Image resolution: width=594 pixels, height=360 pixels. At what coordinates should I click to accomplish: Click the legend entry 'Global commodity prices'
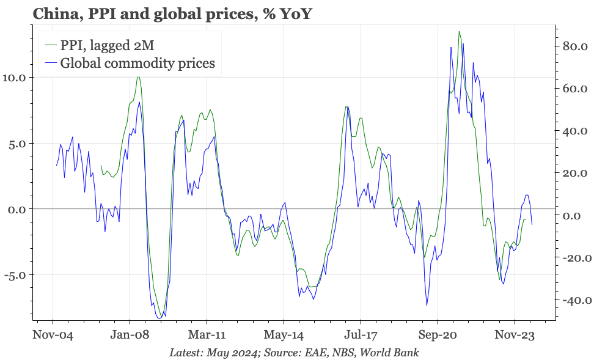[137, 63]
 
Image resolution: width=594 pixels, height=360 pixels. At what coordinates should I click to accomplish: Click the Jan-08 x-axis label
[130, 335]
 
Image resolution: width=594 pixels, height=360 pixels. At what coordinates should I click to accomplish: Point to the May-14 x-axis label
[284, 335]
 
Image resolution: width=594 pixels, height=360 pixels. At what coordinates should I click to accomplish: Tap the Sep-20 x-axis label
[438, 335]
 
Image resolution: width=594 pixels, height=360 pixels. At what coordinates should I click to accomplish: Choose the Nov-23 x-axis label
[515, 335]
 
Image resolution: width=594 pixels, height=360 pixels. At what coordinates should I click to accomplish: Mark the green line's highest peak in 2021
[459, 31]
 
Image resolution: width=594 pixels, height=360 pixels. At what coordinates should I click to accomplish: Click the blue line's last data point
[532, 224]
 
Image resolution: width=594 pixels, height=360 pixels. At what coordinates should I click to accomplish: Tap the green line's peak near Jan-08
[138, 76]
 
